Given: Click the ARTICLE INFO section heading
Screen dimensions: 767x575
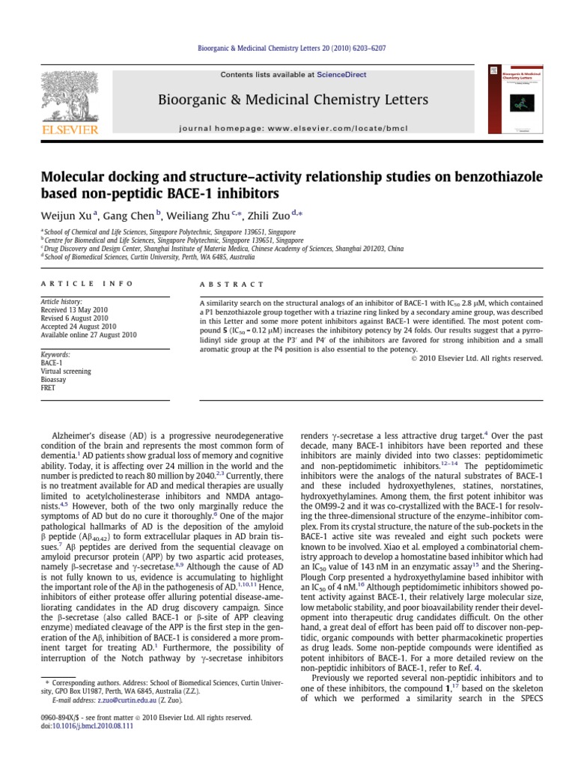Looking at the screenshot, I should [x=86, y=284].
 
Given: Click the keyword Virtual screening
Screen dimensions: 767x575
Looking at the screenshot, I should [x=66, y=371].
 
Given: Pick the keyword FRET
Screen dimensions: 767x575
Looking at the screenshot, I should [x=49, y=389].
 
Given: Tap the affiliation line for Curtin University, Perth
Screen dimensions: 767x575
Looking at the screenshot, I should [x=143, y=255].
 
